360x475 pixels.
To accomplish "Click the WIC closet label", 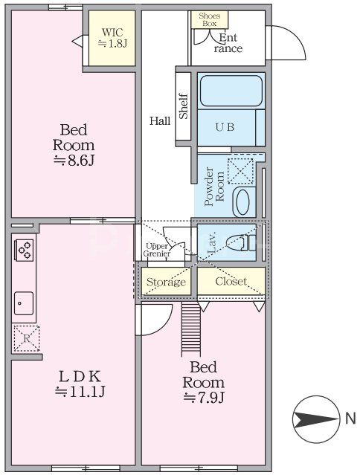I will point(112,38).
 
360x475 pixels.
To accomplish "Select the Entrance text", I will point(228,44).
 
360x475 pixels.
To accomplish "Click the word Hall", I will point(159,120).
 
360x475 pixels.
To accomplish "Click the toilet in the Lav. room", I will point(240,242).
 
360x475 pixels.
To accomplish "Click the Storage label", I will point(165,282).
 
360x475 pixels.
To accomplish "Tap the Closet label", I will point(231,282).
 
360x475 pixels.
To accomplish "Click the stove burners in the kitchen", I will point(23,250).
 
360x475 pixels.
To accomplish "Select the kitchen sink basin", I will point(23,302).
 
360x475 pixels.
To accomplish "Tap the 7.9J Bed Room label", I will point(203,381).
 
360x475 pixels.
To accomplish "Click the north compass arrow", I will point(315,420).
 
